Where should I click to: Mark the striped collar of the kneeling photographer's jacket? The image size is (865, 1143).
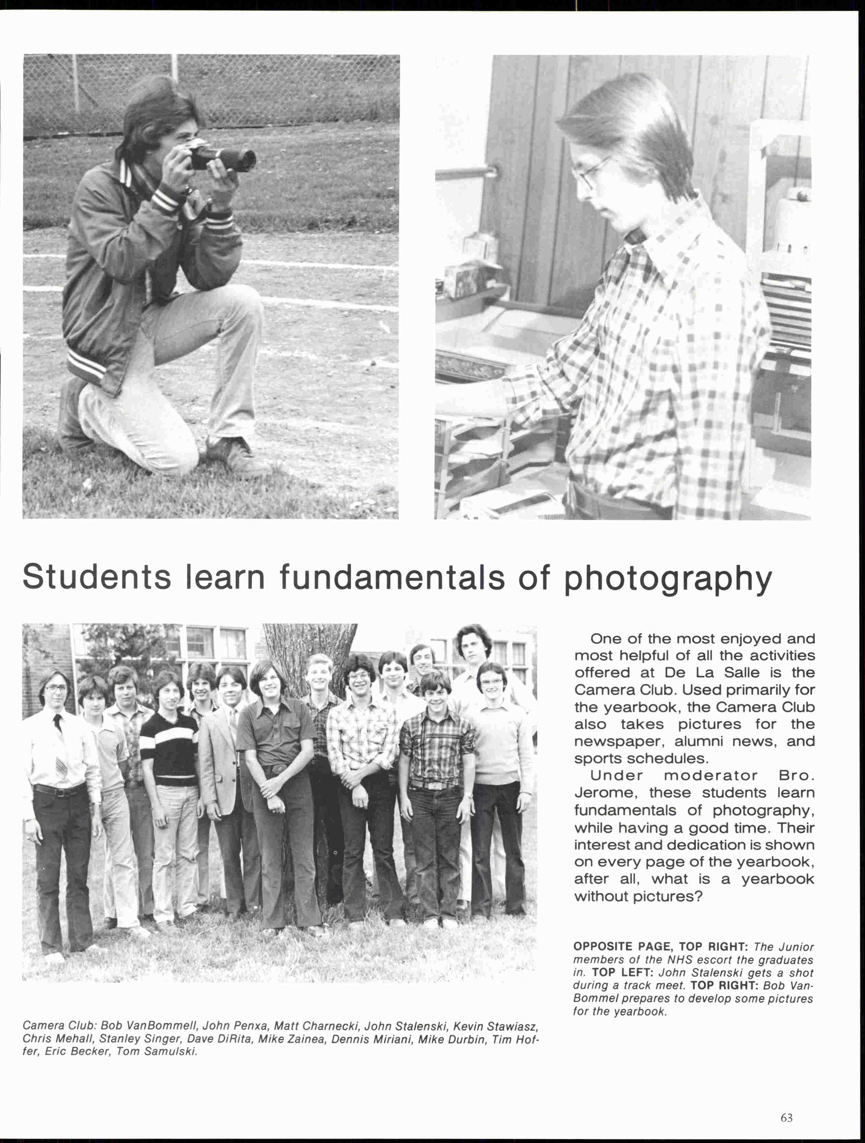(126, 172)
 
